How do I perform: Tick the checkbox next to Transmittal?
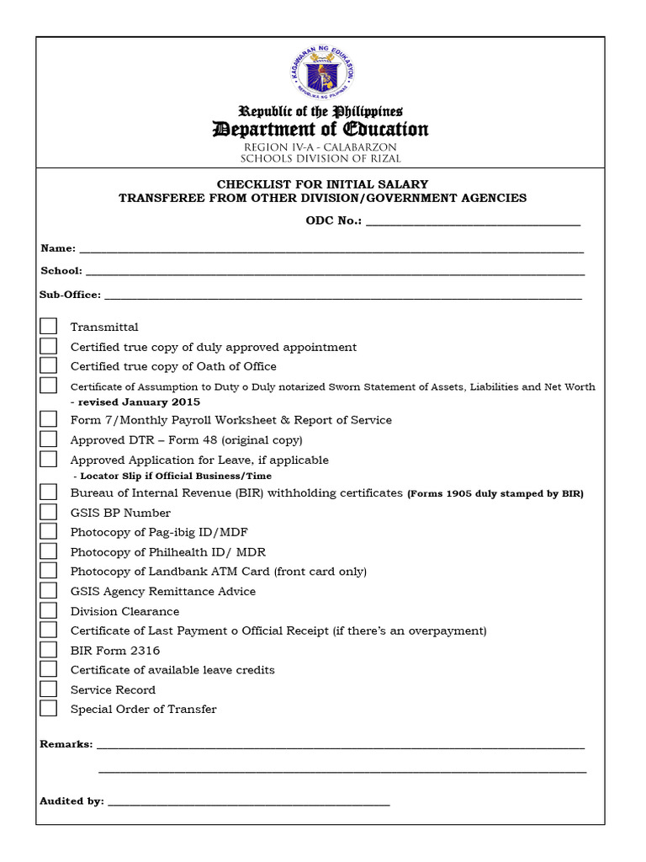coord(49,327)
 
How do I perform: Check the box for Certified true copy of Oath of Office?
coord(49,366)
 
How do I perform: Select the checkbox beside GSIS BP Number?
coord(49,512)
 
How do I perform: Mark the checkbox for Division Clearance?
coord(49,610)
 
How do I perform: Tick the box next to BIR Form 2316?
coord(49,650)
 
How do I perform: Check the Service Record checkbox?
coord(49,689)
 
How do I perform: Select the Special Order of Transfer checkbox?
coord(49,709)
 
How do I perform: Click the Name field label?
coord(58,249)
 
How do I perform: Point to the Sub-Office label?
coord(70,295)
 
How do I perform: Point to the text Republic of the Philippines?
coord(320,111)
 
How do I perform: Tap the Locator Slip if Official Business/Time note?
coord(177,476)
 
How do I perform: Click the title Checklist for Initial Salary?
coord(323,184)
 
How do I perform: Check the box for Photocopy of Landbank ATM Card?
coord(49,571)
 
